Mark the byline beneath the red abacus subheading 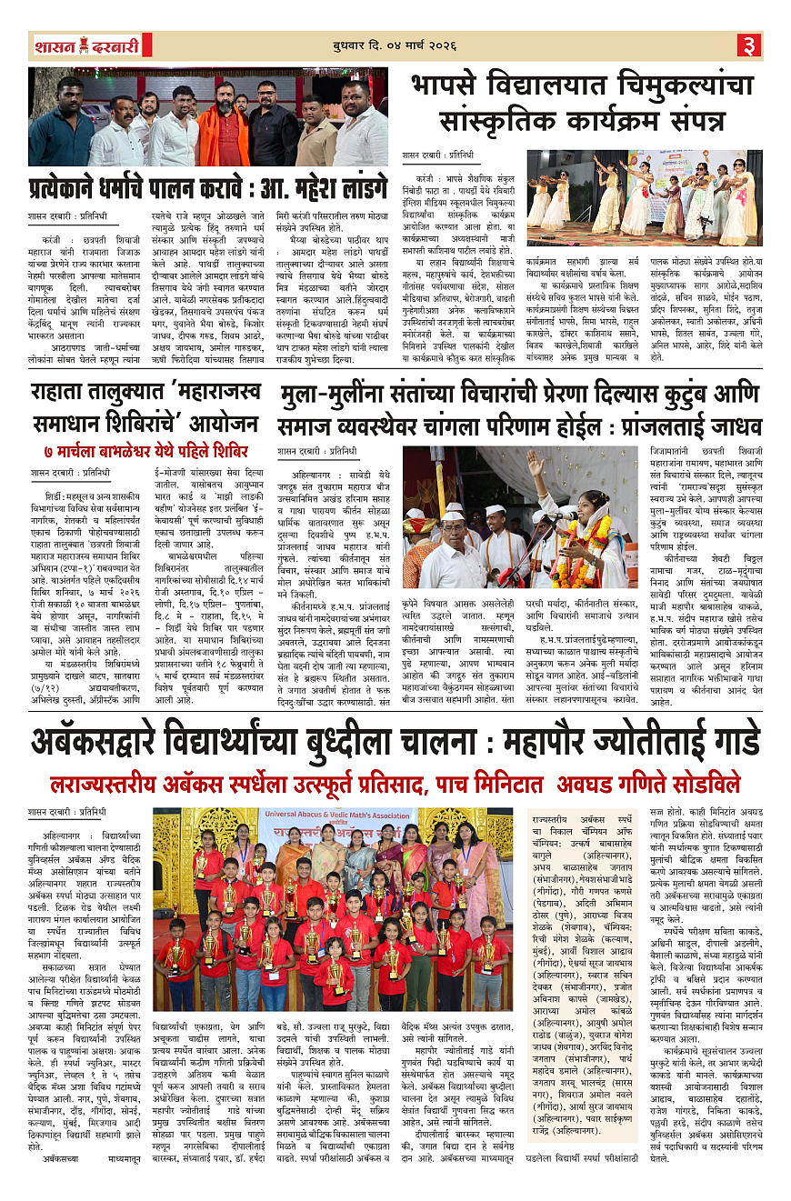(x=67, y=811)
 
